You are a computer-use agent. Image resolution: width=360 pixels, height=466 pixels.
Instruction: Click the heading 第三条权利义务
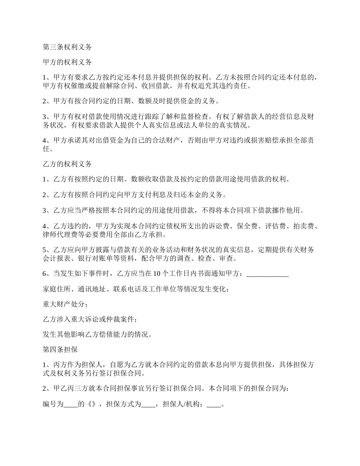pyautogui.click(x=67, y=47)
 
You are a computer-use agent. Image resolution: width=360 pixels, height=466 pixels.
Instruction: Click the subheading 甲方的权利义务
pyautogui.click(x=67, y=62)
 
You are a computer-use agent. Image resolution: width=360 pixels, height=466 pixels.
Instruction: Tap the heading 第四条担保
pyautogui.click(x=60, y=350)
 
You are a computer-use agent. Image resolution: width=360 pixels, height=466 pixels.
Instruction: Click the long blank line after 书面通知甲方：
pyautogui.click(x=268, y=275)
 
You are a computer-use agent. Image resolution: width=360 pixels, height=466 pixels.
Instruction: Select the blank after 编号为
pyautogui.click(x=70, y=405)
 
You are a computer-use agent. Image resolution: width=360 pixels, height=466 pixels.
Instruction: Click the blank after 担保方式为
pyautogui.click(x=148, y=405)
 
